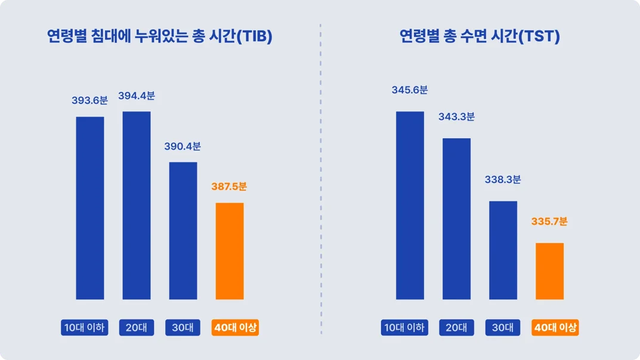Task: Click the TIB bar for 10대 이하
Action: point(90,208)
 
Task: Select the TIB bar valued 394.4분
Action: point(137,206)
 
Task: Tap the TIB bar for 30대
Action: point(183,231)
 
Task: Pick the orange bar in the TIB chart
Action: point(230,251)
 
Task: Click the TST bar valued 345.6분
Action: point(410,206)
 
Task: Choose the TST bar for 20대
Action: point(456,219)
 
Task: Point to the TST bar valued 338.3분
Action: point(503,250)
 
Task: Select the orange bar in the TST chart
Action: point(549,271)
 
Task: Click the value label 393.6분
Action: point(90,101)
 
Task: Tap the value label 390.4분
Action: point(183,147)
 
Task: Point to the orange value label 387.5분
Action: point(229,187)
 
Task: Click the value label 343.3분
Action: point(456,117)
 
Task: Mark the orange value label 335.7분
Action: point(549,222)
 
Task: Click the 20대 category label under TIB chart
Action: point(137,328)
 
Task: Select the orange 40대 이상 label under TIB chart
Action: point(236,328)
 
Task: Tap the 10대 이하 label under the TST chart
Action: point(404,328)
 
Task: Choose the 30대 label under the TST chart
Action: point(503,328)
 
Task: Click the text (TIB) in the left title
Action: point(255,37)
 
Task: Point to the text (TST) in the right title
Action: point(539,37)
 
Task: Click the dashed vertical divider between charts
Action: point(321,179)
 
